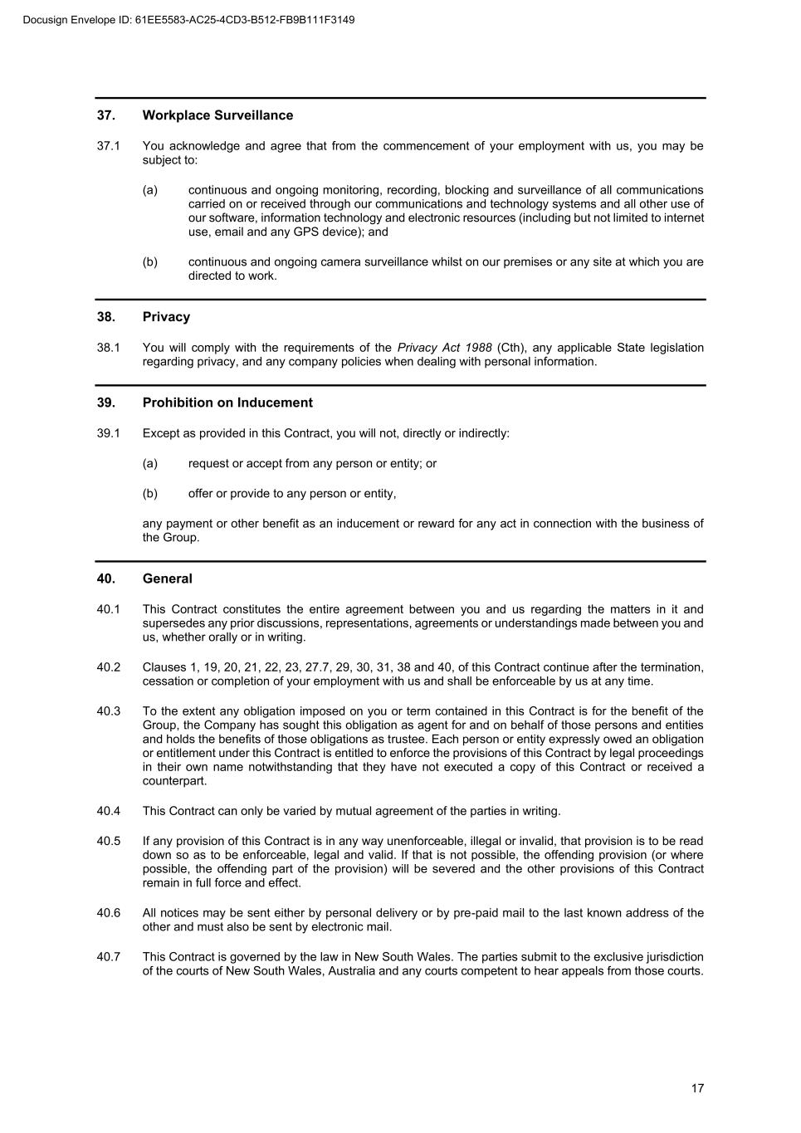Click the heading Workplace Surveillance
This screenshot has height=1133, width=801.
tap(217, 115)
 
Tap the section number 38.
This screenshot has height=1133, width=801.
tap(105, 317)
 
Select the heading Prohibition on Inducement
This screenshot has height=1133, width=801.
tap(227, 403)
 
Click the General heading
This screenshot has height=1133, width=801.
tap(167, 579)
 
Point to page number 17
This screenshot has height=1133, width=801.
tap(697, 1088)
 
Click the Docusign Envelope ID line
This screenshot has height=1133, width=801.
tap(189, 19)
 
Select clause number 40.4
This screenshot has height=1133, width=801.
tap(108, 811)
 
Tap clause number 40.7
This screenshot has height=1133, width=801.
tap(108, 957)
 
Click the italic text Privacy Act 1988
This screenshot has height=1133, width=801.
tap(444, 348)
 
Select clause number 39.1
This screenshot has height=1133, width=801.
tap(108, 433)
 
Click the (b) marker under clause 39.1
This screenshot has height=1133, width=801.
tap(149, 494)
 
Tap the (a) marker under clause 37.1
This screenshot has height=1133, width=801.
tap(149, 190)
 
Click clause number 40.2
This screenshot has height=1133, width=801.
tap(108, 667)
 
